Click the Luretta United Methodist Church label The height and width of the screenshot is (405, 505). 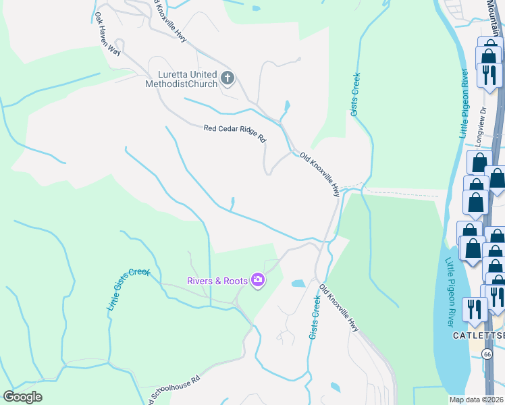point(181,79)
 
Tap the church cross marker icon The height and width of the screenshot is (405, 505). point(227,78)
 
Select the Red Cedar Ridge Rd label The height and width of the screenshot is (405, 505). point(235,132)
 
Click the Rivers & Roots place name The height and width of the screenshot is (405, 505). point(216,280)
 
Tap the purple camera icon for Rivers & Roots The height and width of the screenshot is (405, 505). point(257,279)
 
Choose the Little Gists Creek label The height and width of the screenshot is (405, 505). point(128,290)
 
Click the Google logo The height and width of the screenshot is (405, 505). point(23,397)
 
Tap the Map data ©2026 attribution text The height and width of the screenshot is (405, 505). point(477,400)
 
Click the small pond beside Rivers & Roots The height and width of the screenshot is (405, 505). point(298,284)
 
